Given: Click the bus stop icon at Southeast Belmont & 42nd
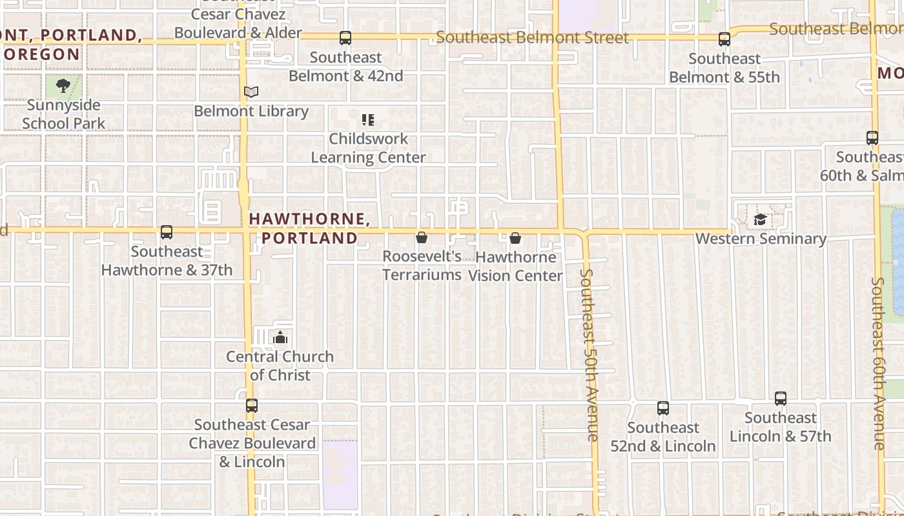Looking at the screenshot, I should (x=345, y=39).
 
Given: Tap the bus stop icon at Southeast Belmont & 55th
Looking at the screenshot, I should (x=724, y=39).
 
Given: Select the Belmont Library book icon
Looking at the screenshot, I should (x=251, y=92).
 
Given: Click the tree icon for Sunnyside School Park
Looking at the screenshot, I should (x=63, y=86).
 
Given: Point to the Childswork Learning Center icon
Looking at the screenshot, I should (x=368, y=120).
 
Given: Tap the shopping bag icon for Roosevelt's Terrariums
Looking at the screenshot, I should (x=422, y=238).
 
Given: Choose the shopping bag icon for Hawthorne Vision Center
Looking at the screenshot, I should (x=515, y=239).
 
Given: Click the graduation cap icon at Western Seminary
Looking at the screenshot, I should (x=760, y=220).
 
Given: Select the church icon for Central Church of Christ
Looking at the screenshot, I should (x=280, y=337).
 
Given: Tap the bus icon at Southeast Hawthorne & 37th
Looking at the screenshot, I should (x=167, y=232).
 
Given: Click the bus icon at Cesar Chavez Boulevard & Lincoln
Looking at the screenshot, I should (x=252, y=406).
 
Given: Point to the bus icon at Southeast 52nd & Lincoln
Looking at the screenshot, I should (x=663, y=408).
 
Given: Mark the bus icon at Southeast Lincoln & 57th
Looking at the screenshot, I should (x=780, y=399).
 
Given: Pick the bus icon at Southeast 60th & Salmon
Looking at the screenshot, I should (x=872, y=137).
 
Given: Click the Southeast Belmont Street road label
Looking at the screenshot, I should (x=532, y=37).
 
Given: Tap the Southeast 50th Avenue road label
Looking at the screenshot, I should (x=590, y=355).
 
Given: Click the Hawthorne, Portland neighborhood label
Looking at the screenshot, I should (x=309, y=228).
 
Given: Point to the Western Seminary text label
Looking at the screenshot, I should (x=760, y=239).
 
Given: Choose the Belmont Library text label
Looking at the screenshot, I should (x=251, y=111).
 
